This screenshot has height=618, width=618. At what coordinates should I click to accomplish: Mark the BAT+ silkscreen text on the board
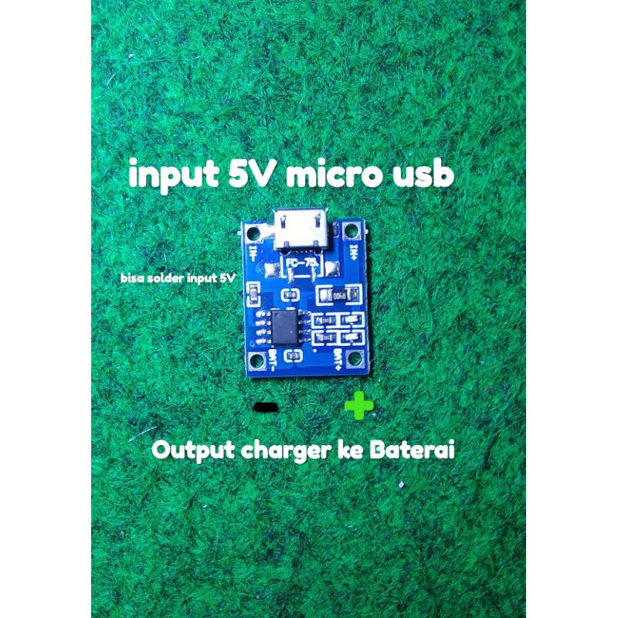point(338,357)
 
